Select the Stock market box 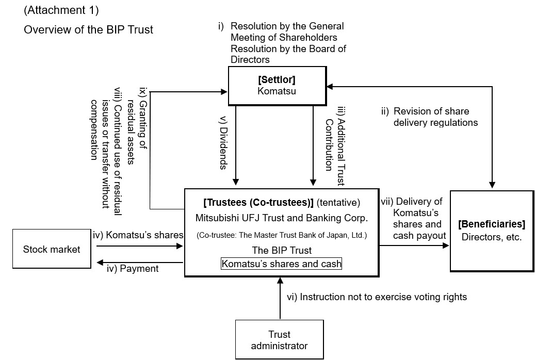point(52,250)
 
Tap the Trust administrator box point(279,340)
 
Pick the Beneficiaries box point(492,231)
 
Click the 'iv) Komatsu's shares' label point(138,235)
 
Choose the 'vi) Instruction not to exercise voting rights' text point(377,297)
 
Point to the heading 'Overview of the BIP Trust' point(88,30)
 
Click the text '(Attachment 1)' point(61,10)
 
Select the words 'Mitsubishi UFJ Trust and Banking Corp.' point(281,218)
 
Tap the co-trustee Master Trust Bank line point(281,236)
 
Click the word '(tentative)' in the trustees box point(338,203)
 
